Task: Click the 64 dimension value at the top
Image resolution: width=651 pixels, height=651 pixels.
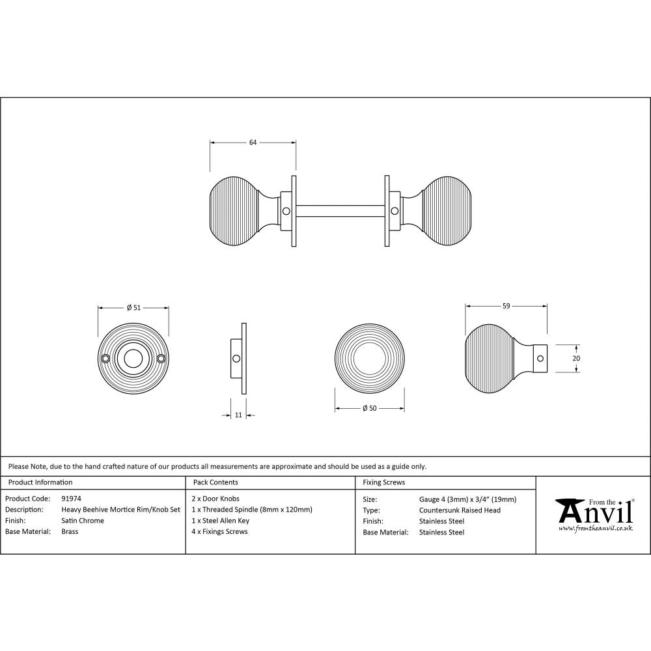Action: coord(253,143)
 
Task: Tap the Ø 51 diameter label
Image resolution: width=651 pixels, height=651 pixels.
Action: coord(133,308)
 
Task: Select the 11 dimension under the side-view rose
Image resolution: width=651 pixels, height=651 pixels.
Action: coord(238,415)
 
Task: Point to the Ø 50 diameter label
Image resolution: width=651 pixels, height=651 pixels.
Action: coord(370,408)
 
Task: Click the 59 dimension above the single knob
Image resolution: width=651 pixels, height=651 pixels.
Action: coord(506,305)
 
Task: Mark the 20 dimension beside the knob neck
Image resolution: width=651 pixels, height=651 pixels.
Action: coord(576,357)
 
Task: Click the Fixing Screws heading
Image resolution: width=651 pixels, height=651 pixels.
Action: coord(383,482)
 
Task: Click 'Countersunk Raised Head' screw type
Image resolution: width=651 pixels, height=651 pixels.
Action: coord(460,510)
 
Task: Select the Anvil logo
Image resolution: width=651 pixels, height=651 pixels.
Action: coord(594,512)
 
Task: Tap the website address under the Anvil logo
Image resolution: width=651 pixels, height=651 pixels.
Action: coord(596,528)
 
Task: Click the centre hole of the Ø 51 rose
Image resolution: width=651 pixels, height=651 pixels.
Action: coord(133,357)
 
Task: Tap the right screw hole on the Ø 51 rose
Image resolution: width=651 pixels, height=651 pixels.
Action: coord(161,357)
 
